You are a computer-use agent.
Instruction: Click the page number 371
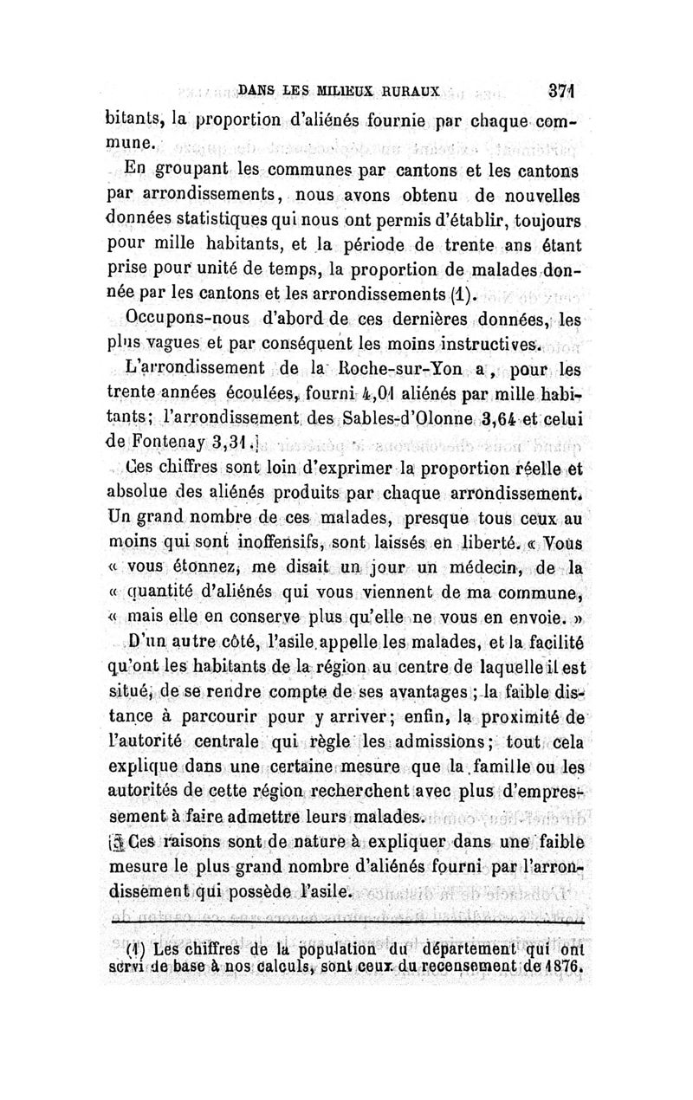point(561,91)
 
